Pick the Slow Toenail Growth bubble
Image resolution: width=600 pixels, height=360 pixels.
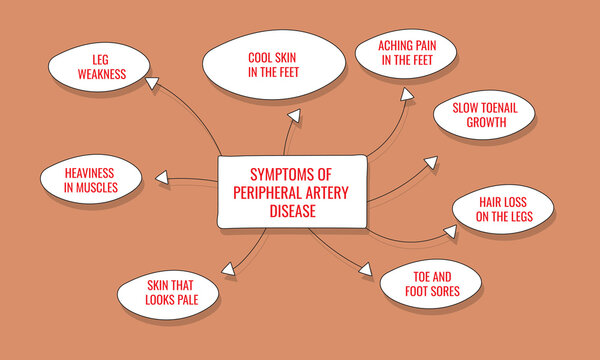click(485, 116)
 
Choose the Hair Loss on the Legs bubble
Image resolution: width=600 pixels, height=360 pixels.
click(515, 209)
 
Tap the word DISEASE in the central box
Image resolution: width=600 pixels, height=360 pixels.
click(290, 211)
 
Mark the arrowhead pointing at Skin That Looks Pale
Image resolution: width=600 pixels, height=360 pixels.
click(229, 267)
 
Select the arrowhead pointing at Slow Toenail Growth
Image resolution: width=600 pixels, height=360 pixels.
click(430, 160)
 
